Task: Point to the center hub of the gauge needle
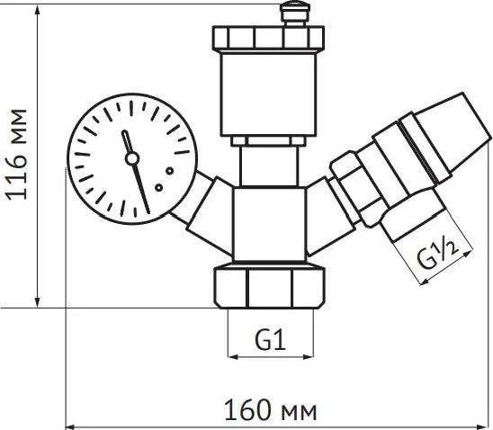click(132, 159)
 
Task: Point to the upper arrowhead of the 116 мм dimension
click(38, 11)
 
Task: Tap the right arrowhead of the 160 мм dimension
click(485, 424)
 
